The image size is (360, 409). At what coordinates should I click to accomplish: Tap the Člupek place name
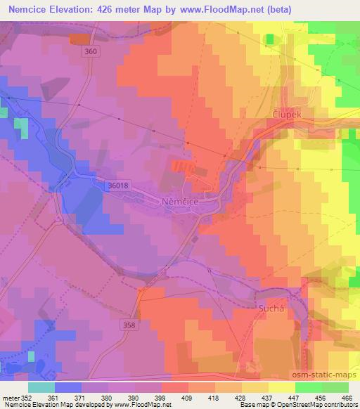(287, 113)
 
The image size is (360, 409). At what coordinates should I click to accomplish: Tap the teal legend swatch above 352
(41, 387)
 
